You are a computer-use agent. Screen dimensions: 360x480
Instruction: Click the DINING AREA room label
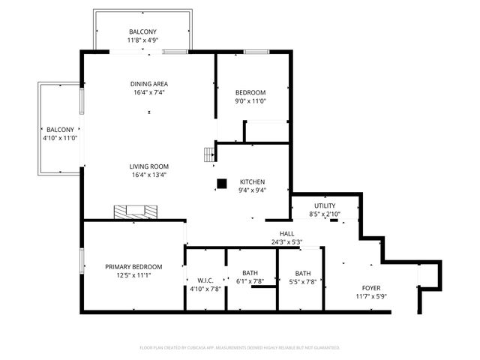[148, 84]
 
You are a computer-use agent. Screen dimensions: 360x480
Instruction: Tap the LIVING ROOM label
[148, 166]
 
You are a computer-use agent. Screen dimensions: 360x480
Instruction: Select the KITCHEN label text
[252, 181]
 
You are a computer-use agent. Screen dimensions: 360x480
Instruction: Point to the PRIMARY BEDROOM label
[133, 266]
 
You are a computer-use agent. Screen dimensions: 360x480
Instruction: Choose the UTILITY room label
[325, 205]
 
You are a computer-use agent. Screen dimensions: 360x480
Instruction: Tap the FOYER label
[371, 288]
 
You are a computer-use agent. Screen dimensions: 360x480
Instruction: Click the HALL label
[286, 234]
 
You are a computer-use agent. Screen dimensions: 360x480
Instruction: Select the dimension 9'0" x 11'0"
[250, 101]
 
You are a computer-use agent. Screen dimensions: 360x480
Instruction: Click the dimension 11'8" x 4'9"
[142, 40]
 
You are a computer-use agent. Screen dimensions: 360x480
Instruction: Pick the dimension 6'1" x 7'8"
[250, 281]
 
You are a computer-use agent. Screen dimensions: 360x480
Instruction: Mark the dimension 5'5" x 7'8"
[302, 282]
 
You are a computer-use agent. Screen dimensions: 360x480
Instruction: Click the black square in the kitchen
[221, 183]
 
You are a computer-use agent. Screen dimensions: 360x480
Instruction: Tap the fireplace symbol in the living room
[136, 211]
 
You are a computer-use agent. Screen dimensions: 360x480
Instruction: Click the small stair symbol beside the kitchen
[209, 154]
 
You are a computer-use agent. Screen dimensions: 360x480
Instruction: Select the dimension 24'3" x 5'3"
[286, 242]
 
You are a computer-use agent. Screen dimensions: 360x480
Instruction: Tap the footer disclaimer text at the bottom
[240, 347]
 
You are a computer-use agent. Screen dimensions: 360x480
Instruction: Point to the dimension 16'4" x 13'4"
[148, 175]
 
